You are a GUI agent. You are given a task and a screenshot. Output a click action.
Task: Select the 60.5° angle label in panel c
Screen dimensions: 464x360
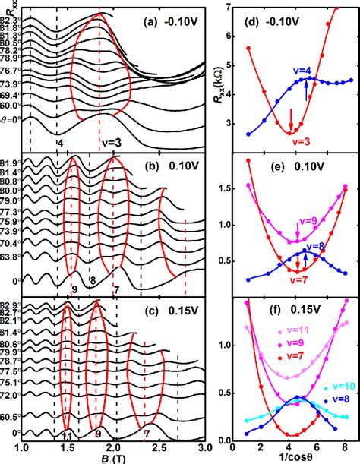click(11, 416)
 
